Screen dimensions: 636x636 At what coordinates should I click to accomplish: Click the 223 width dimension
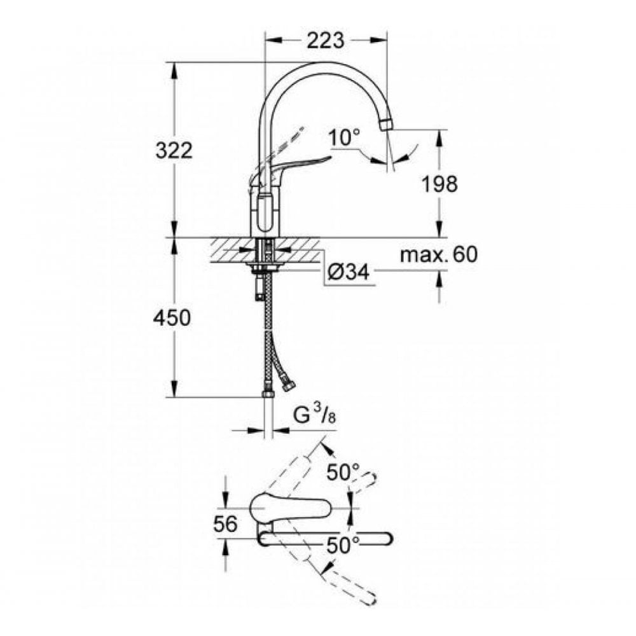tap(325, 41)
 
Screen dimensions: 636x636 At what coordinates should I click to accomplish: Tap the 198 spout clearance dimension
tap(439, 184)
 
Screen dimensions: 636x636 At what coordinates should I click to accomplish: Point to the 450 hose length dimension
tap(172, 318)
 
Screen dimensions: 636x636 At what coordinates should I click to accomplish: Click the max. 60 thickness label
tap(438, 255)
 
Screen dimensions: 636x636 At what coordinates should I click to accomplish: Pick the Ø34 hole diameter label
tap(349, 272)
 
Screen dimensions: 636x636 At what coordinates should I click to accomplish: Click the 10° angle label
tap(345, 136)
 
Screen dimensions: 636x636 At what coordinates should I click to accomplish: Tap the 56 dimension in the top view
tap(225, 524)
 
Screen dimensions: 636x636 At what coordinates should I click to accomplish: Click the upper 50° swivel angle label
tap(343, 473)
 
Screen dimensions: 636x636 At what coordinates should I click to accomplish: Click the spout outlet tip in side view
tap(386, 123)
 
